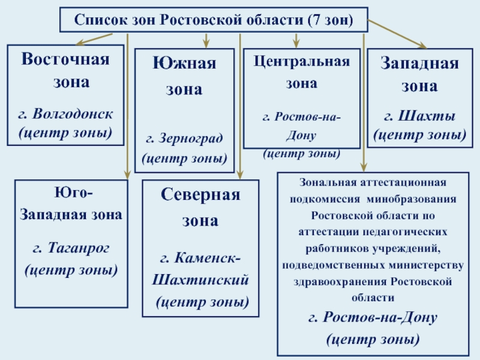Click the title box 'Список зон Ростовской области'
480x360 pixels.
pos(214,20)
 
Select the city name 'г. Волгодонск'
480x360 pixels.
pos(65,113)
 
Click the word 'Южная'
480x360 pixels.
pos(184,63)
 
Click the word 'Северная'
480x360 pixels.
pos(200,195)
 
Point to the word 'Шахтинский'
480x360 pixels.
pos(200,280)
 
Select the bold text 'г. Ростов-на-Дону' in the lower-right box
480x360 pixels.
pos(373,317)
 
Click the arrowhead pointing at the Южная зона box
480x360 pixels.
pos(207,44)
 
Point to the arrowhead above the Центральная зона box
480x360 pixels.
pos(296,44)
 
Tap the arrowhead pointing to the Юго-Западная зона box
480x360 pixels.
pos(128,173)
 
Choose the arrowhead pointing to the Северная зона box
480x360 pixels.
pos(240,175)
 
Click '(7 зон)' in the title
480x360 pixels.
pos(329,20)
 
